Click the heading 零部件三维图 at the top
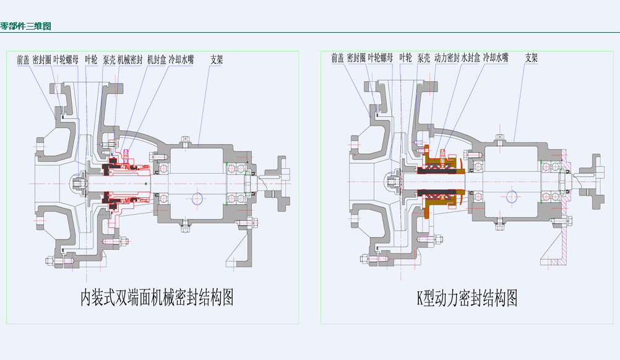(x=25, y=27)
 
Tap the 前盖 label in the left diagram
(x=23, y=60)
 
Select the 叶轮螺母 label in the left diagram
(x=66, y=60)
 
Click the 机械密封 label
(x=130, y=60)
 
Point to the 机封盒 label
(x=156, y=60)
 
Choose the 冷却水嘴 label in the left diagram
(x=181, y=60)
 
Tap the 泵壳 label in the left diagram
(x=109, y=60)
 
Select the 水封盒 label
(x=471, y=58)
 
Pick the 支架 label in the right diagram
(x=532, y=58)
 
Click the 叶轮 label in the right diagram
(x=405, y=58)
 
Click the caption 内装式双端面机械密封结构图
(x=157, y=298)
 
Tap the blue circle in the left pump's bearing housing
(x=198, y=198)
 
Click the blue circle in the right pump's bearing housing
(x=512, y=196)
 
